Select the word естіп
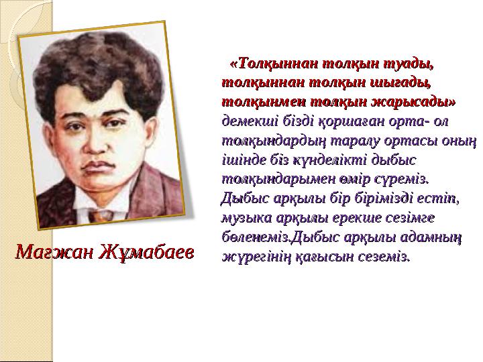click(x=437, y=198)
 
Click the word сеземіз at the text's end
click(x=383, y=255)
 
